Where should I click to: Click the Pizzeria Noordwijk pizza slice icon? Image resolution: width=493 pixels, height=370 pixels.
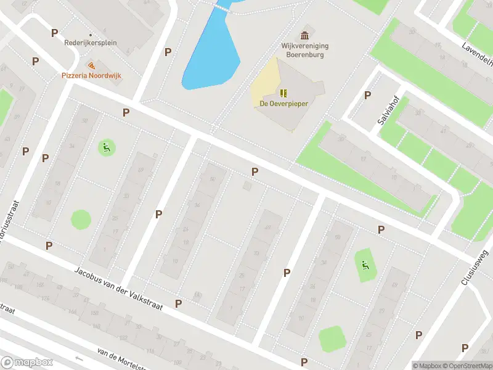pyautogui.click(x=91, y=65)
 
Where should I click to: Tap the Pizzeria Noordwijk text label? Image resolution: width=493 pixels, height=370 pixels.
pyautogui.click(x=91, y=75)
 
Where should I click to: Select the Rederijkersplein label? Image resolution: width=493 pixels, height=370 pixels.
pyautogui.click(x=91, y=43)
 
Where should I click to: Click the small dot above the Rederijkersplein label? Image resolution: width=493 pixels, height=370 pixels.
pyautogui.click(x=91, y=35)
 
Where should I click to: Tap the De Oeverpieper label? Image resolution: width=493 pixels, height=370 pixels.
pyautogui.click(x=283, y=104)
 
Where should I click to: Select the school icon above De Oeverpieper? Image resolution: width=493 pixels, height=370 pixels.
pyautogui.click(x=283, y=93)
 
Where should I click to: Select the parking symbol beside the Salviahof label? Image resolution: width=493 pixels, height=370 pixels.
pyautogui.click(x=368, y=95)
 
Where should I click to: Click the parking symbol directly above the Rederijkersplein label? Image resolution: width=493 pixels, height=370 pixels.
pyautogui.click(x=55, y=33)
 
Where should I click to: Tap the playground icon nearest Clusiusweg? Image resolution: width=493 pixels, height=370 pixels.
pyautogui.click(x=365, y=266)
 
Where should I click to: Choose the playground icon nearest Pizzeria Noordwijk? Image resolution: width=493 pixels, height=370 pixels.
pyautogui.click(x=106, y=147)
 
